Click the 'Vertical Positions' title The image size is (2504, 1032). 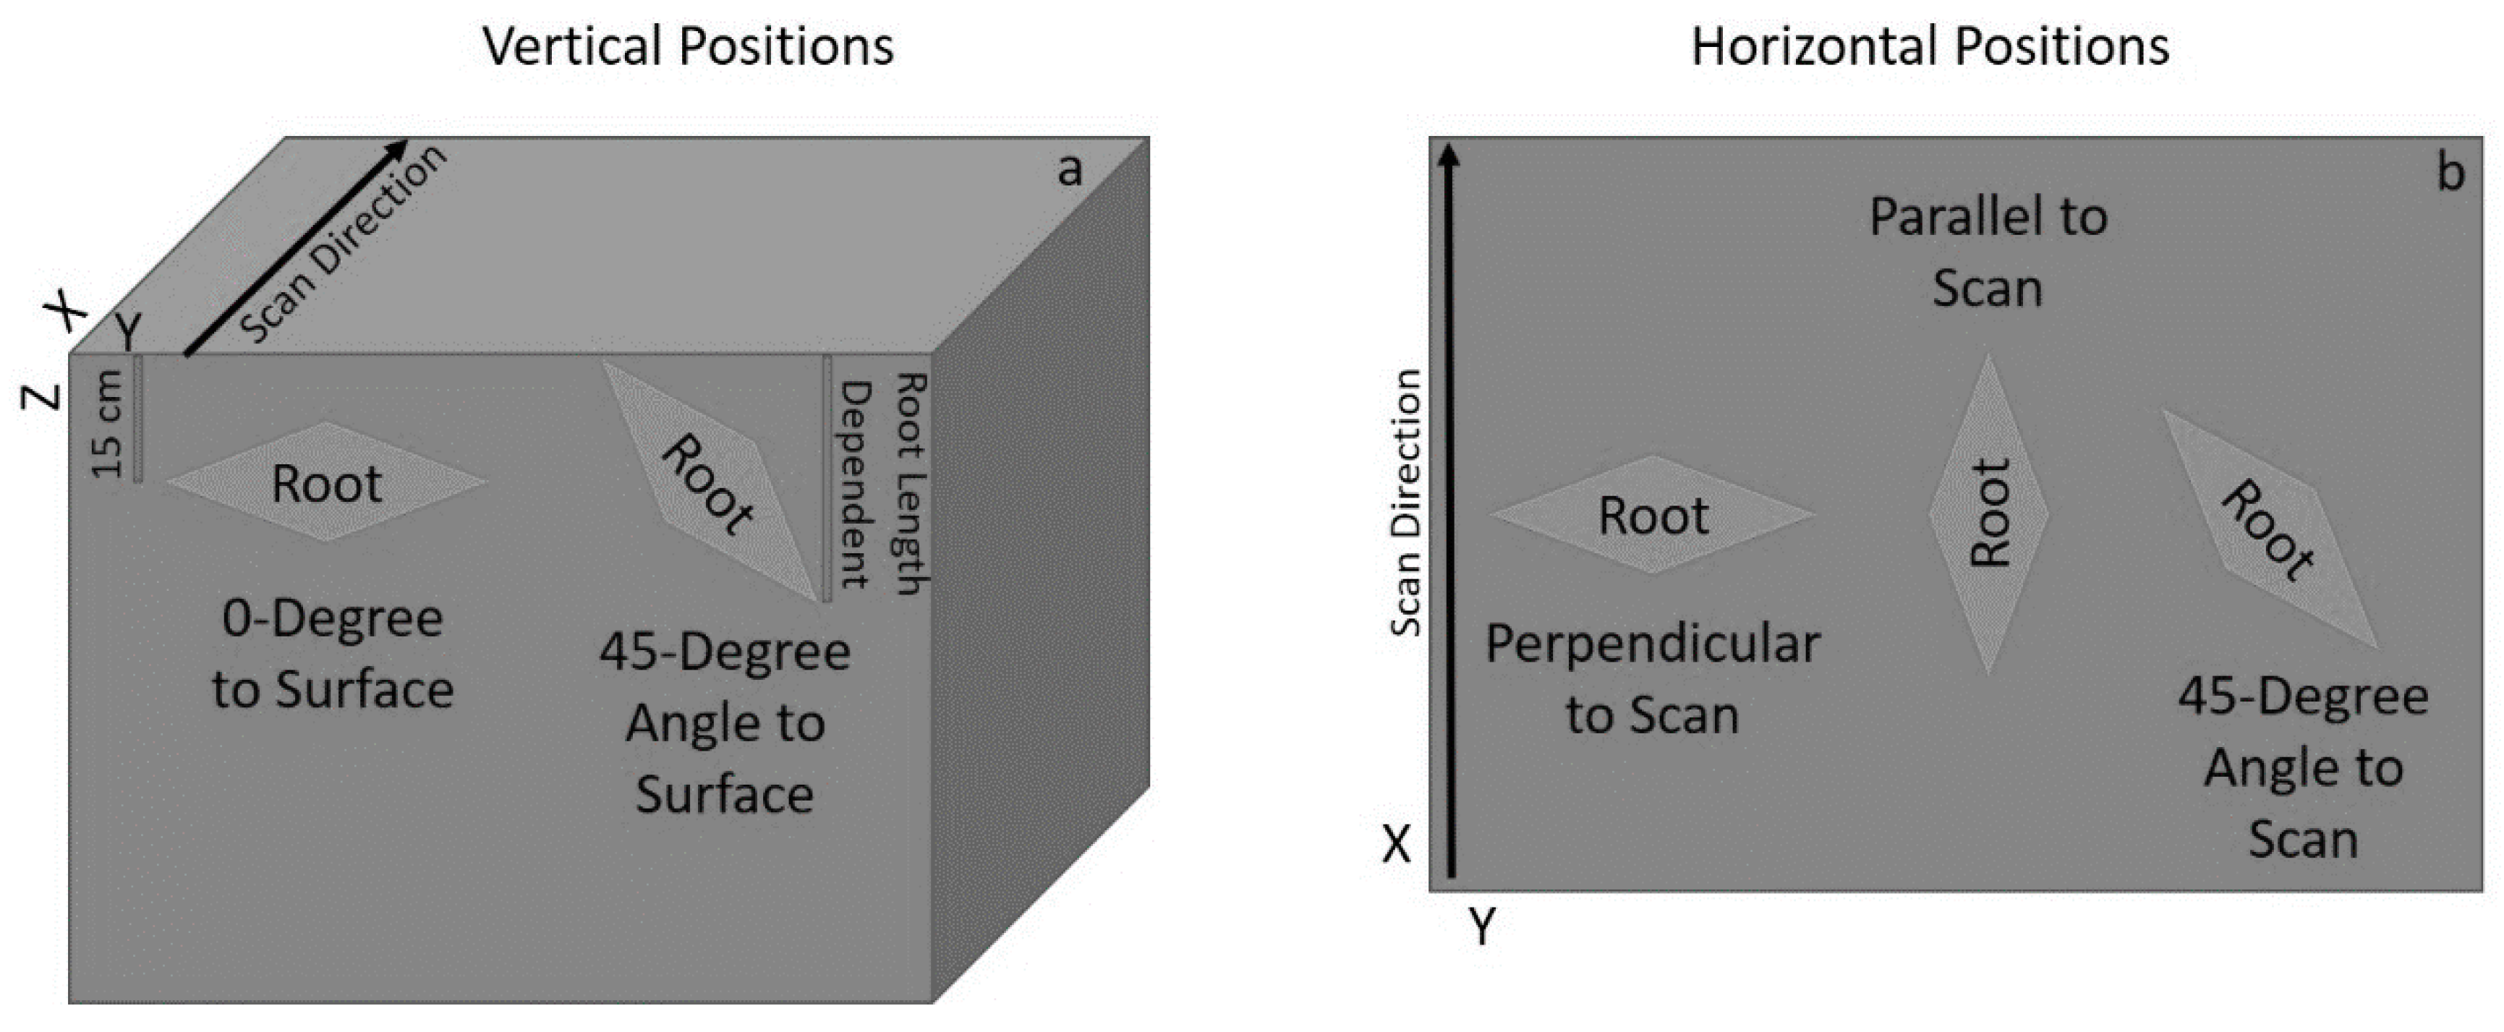[x=689, y=46]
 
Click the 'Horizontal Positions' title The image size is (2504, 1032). [x=1930, y=46]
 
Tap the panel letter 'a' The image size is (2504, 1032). [x=1069, y=170]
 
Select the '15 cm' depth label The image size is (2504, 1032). [x=107, y=425]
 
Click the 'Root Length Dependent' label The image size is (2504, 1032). [x=882, y=483]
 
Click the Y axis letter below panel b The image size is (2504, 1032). [x=1481, y=927]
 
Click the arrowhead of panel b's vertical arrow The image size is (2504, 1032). [x=1449, y=155]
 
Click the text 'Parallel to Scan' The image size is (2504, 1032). [x=1988, y=252]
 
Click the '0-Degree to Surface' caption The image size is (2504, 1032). [x=333, y=654]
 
